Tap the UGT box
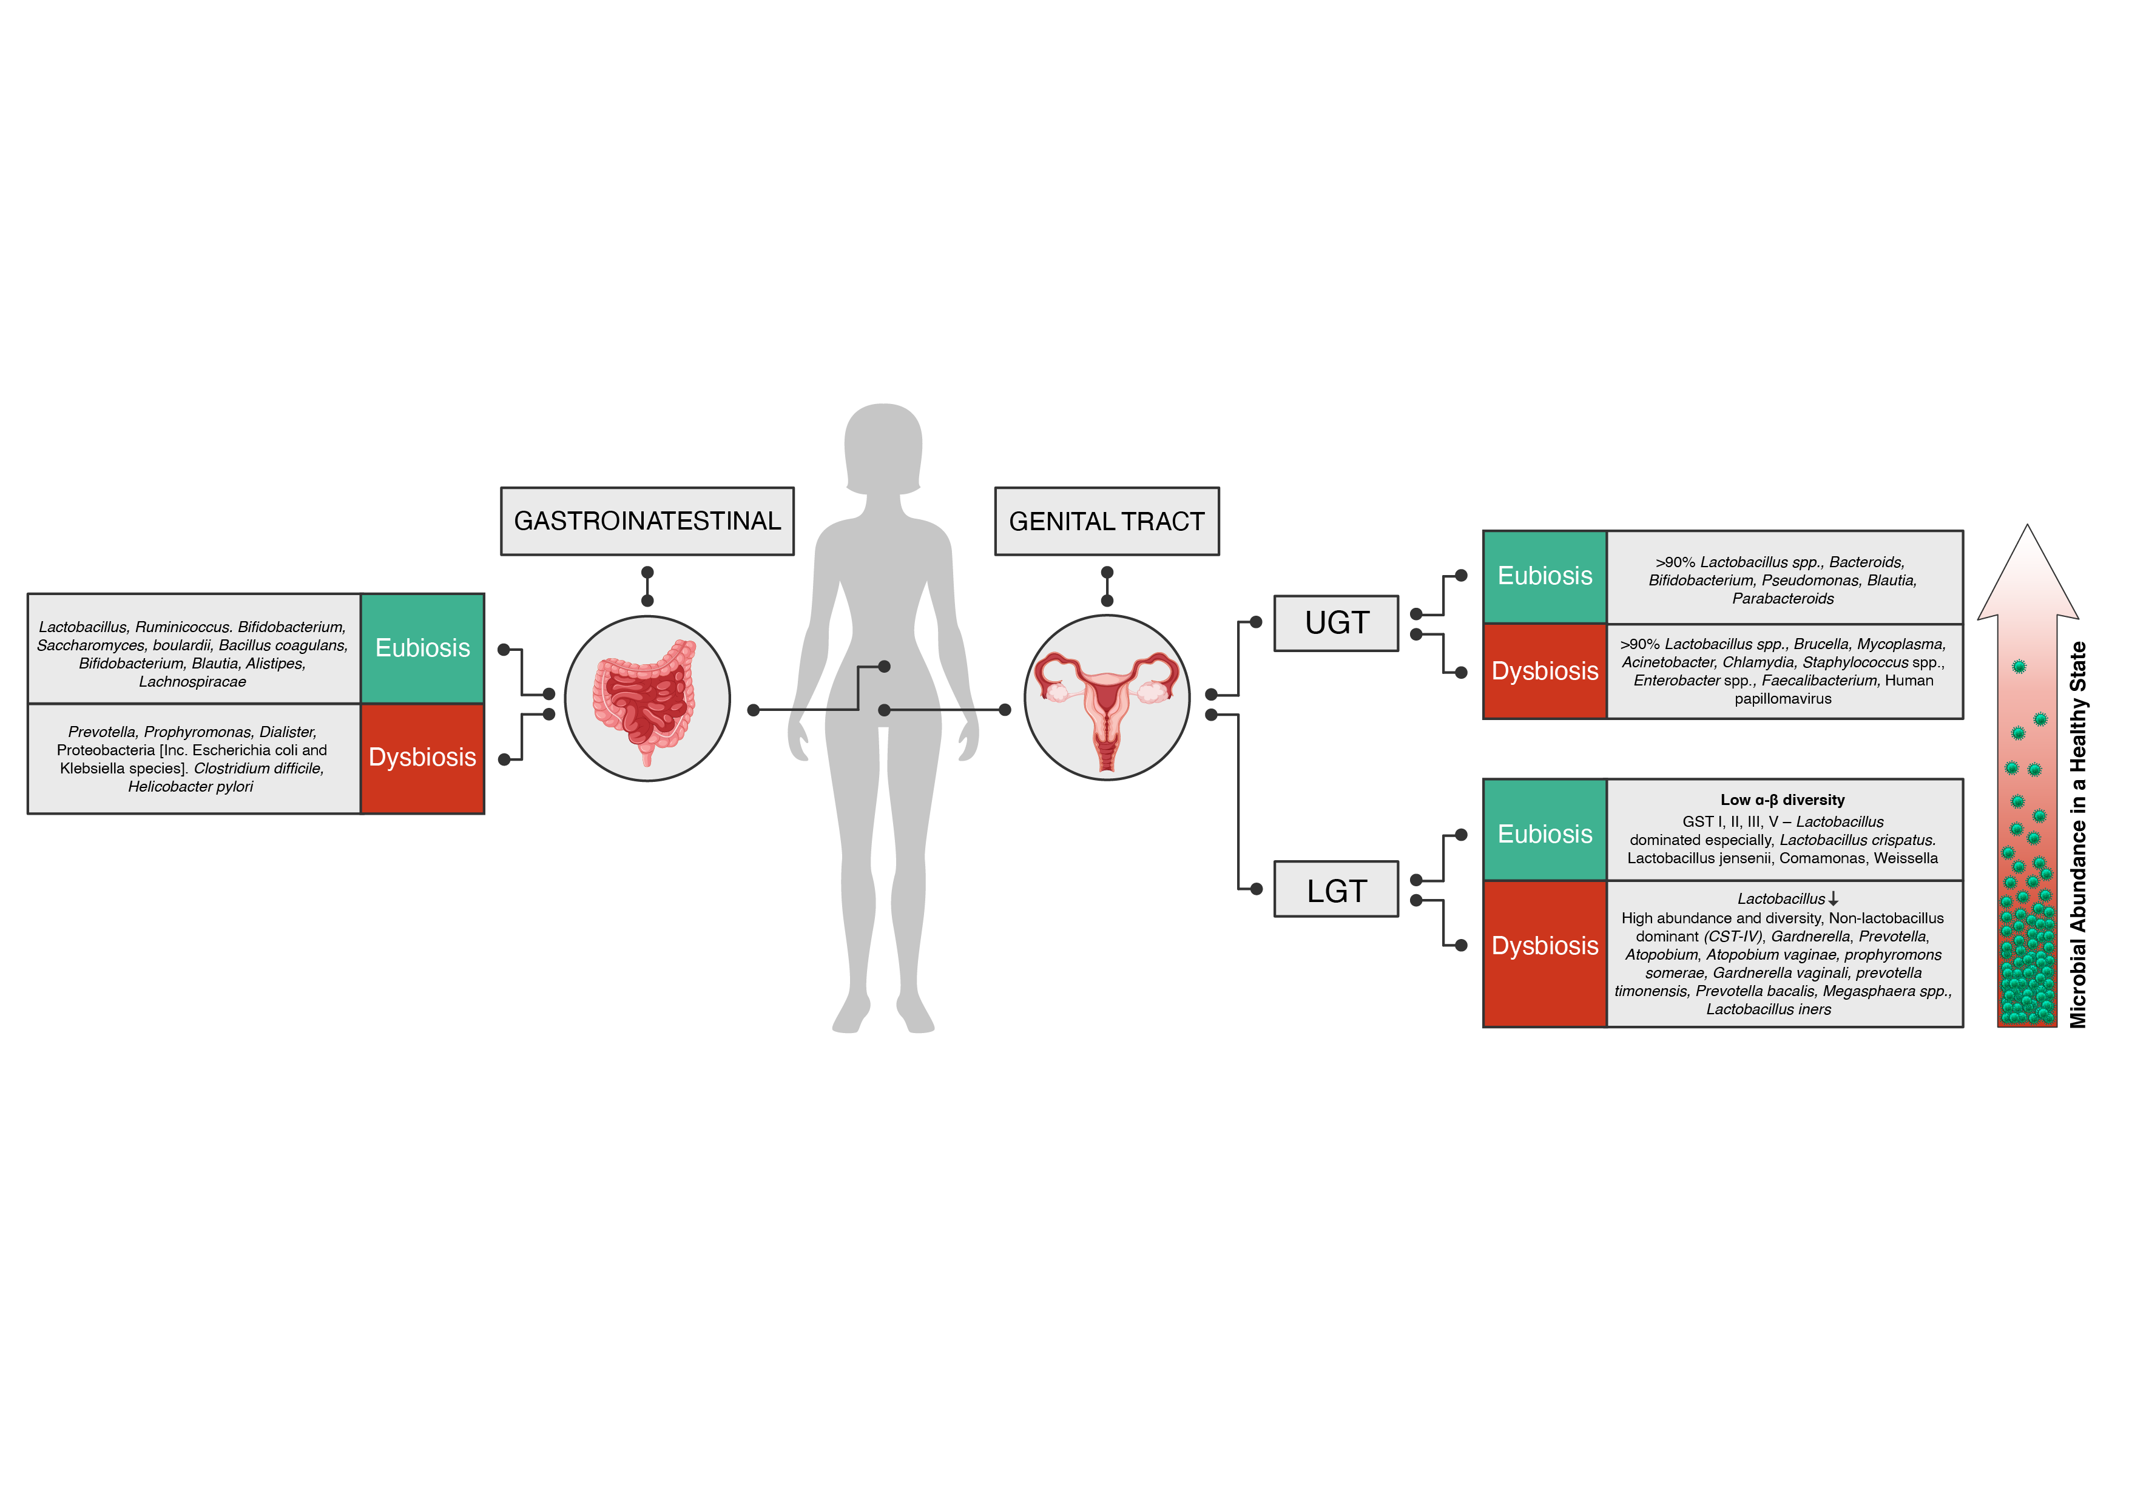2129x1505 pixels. point(1335,623)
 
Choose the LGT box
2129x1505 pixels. point(1335,891)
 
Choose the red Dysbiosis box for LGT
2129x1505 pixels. point(1544,946)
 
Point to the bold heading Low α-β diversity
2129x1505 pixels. point(1781,800)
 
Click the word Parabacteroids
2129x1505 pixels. point(1782,598)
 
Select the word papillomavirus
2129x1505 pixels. point(1782,698)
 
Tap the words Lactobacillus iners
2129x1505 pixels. point(1768,1009)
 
